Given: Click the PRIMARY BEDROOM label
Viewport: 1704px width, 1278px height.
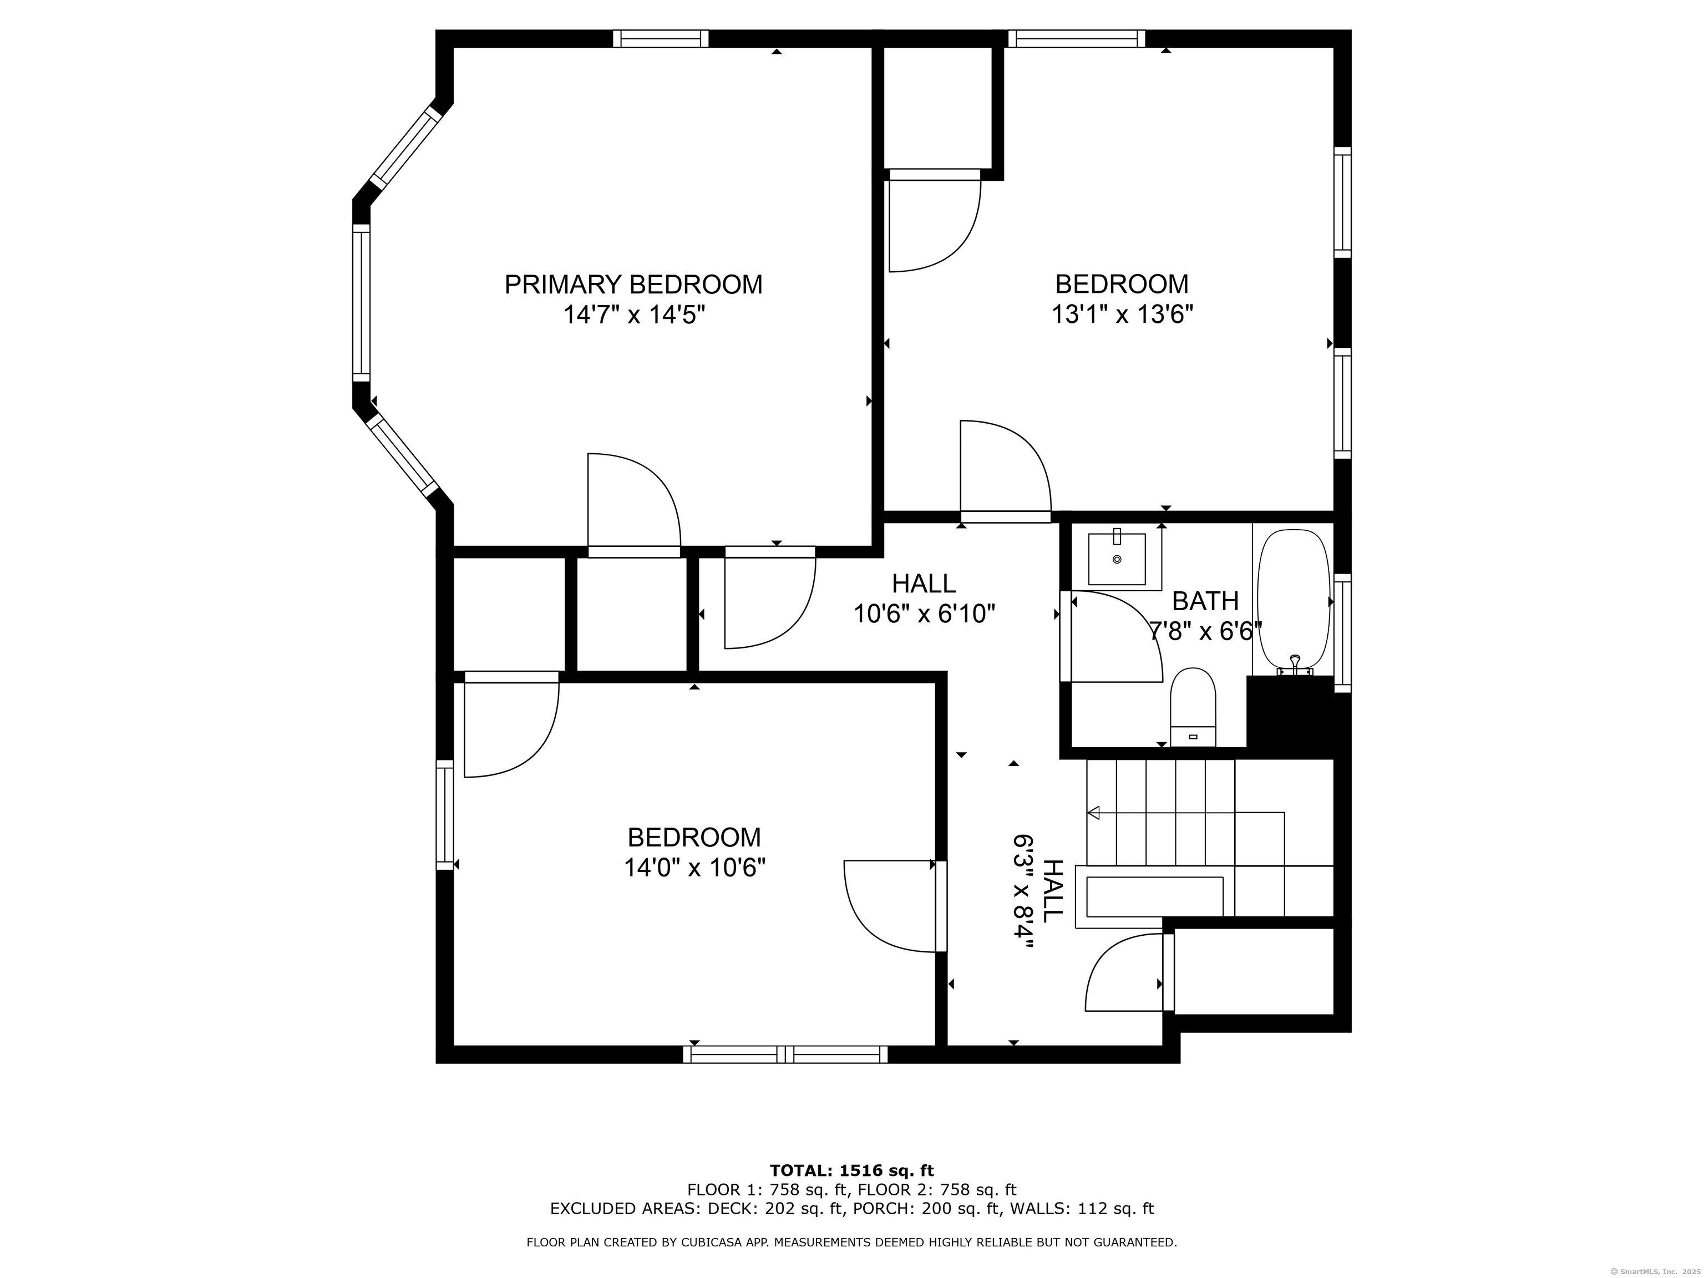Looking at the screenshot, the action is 633,284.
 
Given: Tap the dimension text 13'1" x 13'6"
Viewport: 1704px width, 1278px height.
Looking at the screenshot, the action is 1122,315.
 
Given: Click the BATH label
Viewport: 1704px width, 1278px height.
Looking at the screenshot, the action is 1205,600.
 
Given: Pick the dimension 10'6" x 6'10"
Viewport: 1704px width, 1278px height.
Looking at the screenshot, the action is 925,614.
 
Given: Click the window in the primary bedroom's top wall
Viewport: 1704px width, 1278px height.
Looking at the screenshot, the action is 660,38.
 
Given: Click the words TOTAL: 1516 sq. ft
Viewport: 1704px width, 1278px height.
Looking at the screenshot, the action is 851,1171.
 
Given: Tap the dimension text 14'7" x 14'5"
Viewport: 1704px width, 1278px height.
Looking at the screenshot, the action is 634,315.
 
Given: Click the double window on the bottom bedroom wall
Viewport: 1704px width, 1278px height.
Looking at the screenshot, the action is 785,1054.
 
